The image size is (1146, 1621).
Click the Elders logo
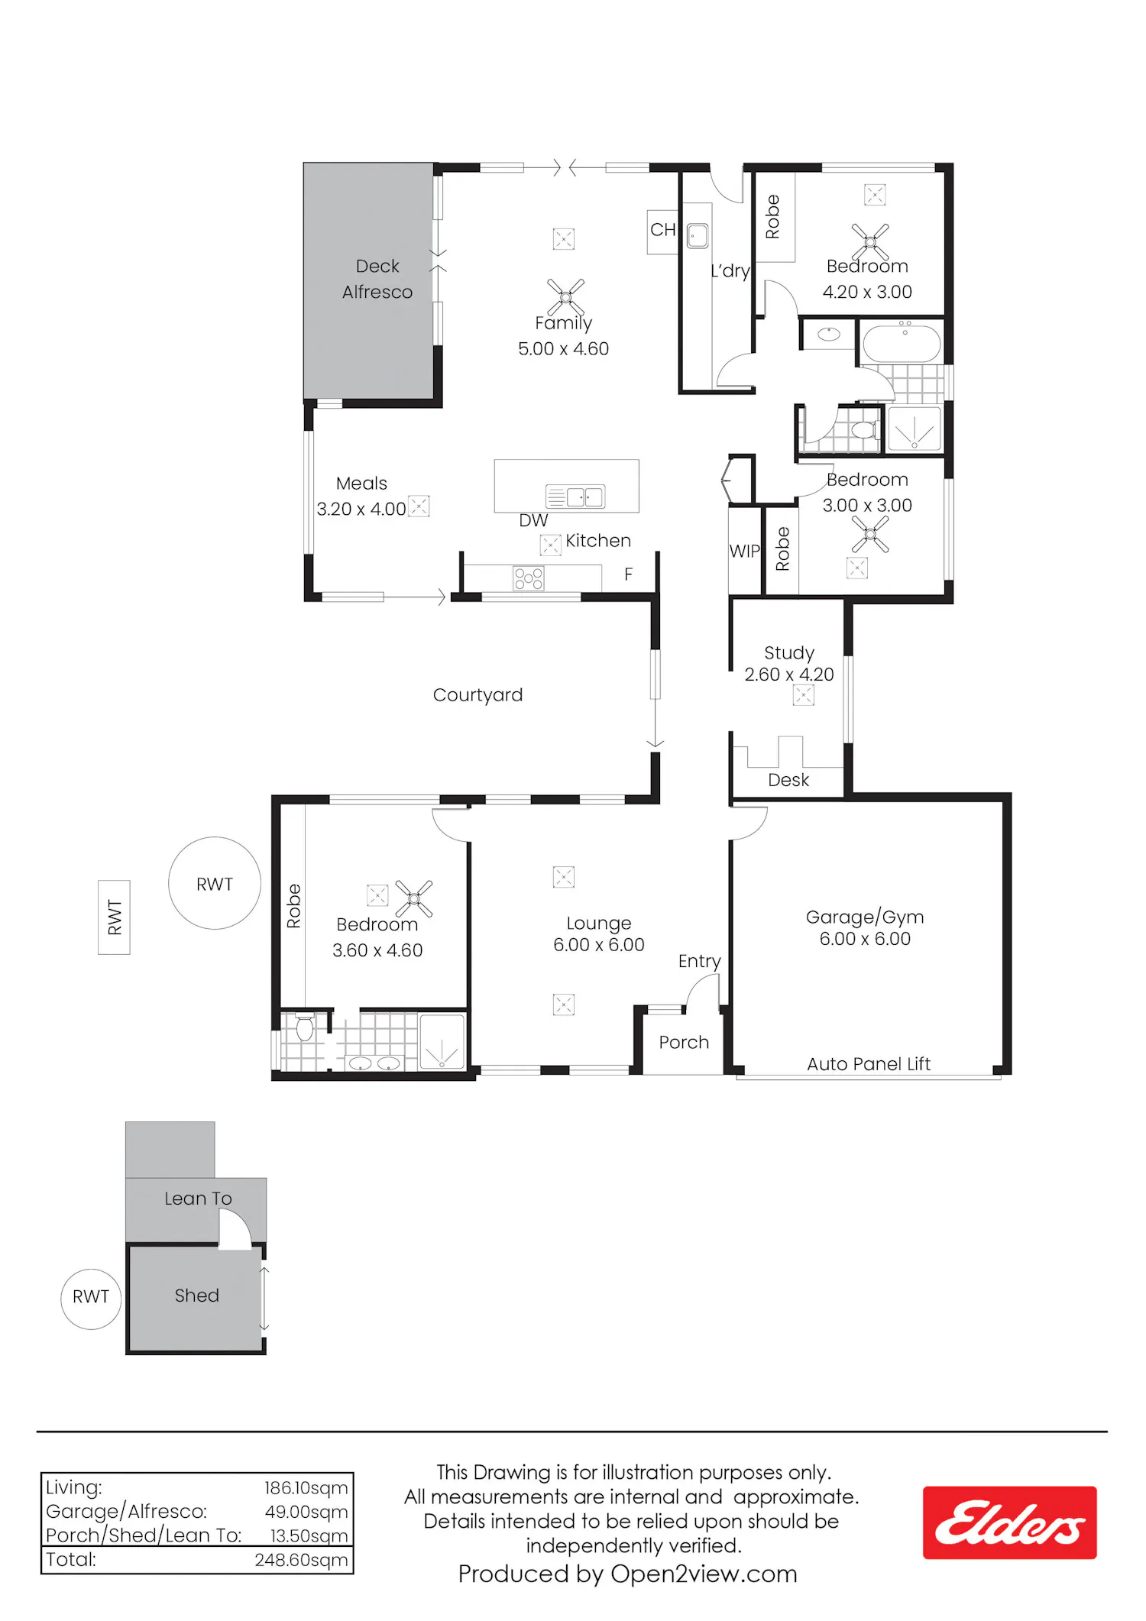(x=1009, y=1522)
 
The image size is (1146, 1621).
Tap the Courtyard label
(x=477, y=695)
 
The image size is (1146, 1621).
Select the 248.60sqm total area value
(x=301, y=1560)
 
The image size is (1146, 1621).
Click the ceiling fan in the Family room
(x=566, y=297)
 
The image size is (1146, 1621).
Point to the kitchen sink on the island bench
(x=575, y=497)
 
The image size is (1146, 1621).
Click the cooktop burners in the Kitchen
(x=529, y=578)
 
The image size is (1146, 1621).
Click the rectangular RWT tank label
(x=115, y=917)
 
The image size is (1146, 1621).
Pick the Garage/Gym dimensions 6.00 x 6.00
(x=865, y=939)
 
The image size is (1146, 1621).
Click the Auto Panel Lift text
(x=869, y=1064)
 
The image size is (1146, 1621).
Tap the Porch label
(x=684, y=1043)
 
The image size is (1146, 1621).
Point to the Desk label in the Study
(x=788, y=780)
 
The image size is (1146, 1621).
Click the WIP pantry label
(x=745, y=552)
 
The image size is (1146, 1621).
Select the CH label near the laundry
(x=663, y=230)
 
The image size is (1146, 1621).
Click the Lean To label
(x=198, y=1199)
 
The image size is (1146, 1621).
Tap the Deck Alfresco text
(x=377, y=279)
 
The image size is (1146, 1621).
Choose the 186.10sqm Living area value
(x=306, y=1488)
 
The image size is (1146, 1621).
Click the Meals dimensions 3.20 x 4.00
(x=361, y=510)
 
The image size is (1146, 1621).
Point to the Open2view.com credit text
(x=704, y=1574)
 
